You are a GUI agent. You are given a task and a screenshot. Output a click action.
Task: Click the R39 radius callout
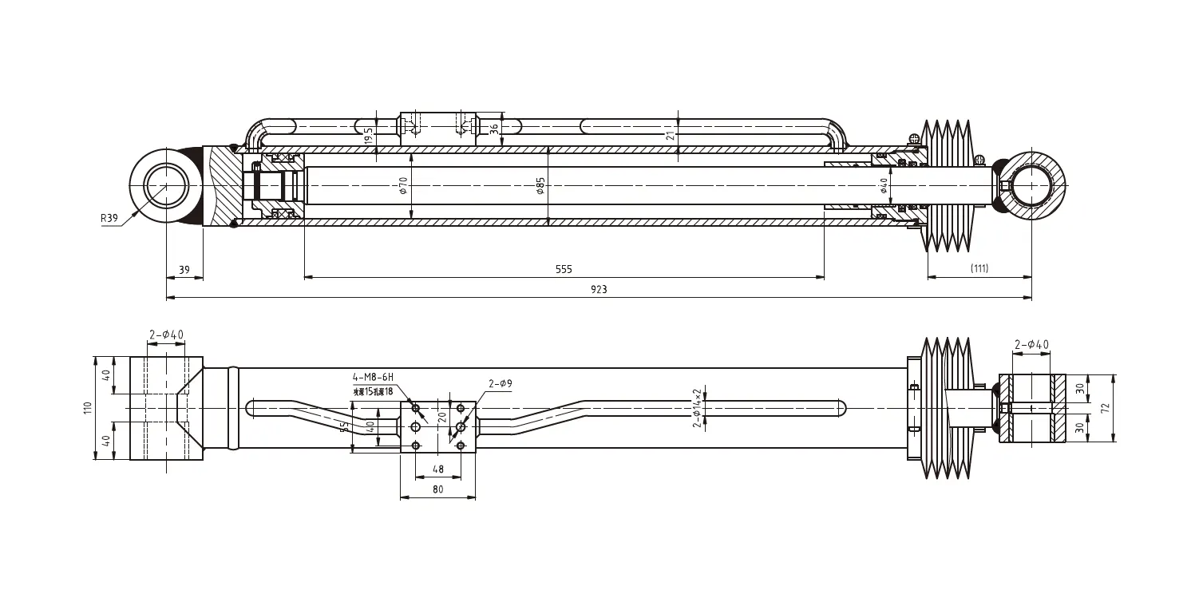click(x=109, y=216)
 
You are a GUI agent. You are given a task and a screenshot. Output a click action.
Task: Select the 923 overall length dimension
click(x=599, y=290)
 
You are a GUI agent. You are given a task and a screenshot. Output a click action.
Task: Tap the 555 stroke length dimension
click(x=564, y=270)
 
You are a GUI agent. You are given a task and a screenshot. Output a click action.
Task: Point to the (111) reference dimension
click(x=979, y=269)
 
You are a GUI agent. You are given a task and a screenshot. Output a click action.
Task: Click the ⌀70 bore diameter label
click(x=404, y=186)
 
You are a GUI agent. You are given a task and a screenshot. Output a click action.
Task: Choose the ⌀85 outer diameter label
click(x=541, y=186)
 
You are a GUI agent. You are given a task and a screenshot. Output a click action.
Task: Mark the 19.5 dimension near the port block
click(x=368, y=135)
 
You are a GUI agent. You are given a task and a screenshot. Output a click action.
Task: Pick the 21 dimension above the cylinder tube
click(x=671, y=135)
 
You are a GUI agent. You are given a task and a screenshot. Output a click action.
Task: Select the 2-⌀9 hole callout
click(x=500, y=384)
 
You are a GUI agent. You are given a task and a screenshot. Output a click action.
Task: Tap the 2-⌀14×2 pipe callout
click(x=697, y=407)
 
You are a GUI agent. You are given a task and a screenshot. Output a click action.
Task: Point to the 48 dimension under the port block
click(x=437, y=469)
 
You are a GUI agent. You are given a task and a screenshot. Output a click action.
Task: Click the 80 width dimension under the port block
click(x=437, y=490)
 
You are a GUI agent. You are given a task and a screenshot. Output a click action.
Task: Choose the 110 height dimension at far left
click(x=89, y=408)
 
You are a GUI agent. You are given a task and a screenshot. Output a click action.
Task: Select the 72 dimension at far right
click(x=1105, y=408)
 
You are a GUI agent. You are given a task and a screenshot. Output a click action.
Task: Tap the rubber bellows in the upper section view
click(x=948, y=186)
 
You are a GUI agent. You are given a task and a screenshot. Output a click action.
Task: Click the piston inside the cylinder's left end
click(x=275, y=186)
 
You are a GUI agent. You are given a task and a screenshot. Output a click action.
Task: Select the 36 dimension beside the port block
click(x=494, y=128)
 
